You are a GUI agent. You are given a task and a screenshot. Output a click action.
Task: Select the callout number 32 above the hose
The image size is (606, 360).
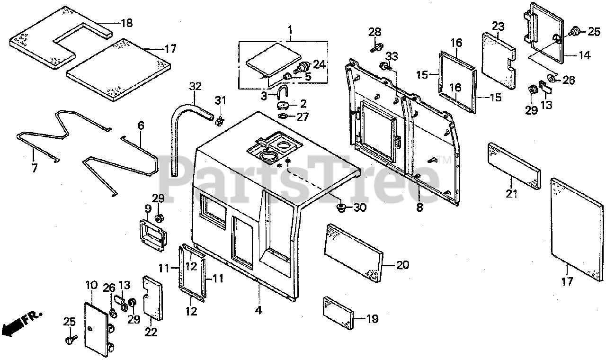(x=195, y=87)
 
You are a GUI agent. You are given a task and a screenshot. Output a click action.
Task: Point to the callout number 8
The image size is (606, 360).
(x=419, y=207)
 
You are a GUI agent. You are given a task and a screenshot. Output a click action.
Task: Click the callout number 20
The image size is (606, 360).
(x=402, y=265)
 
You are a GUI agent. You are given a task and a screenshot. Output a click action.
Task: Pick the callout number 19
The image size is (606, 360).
(x=372, y=319)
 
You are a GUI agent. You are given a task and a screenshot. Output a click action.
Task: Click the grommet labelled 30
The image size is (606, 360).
(x=340, y=207)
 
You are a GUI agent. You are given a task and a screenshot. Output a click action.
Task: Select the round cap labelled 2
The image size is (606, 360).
(x=285, y=105)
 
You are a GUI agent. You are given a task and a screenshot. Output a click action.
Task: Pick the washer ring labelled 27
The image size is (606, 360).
(x=283, y=117)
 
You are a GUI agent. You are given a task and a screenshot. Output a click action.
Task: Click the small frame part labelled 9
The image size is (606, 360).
(x=151, y=232)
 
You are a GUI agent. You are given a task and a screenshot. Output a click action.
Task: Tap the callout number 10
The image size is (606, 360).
(x=91, y=286)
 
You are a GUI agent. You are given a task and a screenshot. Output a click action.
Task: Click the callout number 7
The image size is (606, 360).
(x=34, y=168)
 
